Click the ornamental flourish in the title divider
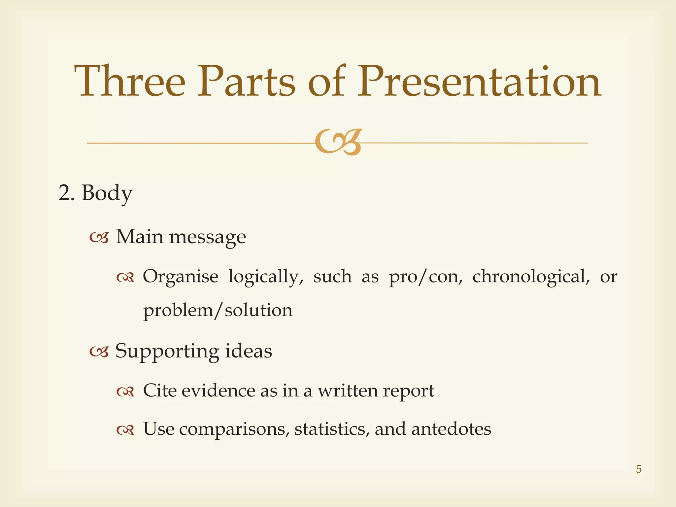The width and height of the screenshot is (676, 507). click(338, 142)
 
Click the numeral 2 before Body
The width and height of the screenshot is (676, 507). click(64, 193)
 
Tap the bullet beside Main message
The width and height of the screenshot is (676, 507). click(99, 238)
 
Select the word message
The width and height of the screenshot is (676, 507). click(208, 237)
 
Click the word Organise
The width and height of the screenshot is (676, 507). click(181, 276)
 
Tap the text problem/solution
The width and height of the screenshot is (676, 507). click(218, 311)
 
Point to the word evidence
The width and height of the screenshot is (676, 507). click(218, 391)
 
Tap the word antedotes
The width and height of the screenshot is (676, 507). click(451, 429)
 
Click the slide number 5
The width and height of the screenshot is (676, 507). click(639, 469)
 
